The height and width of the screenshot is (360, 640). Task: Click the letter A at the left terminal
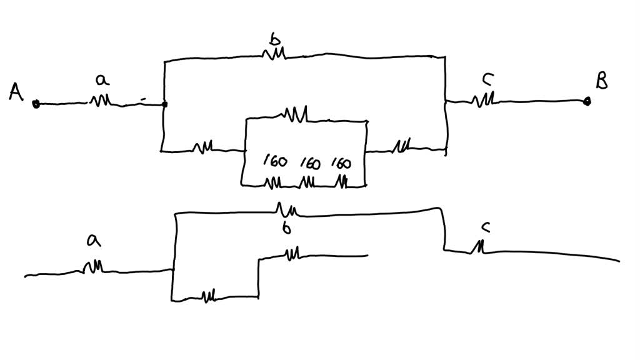point(17,92)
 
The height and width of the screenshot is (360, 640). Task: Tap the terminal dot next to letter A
point(36,104)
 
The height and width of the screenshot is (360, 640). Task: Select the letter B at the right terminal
point(601,81)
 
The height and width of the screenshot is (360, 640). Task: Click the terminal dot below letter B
point(586,101)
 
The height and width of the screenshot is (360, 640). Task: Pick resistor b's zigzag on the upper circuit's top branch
point(275,54)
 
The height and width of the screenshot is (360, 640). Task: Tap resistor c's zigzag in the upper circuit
point(486,99)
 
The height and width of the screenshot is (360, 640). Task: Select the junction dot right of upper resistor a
point(164,104)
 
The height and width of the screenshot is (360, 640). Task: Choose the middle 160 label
point(309,164)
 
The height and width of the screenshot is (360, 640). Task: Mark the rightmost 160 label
point(341,164)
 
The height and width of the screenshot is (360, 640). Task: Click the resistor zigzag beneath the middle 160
point(306,182)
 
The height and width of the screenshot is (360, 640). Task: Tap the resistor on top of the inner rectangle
point(295,114)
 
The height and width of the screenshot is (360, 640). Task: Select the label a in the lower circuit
point(94,240)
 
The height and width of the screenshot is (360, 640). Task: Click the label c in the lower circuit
point(484,227)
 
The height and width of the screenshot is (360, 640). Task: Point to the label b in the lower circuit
point(286,228)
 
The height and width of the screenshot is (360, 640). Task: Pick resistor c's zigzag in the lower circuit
point(478,248)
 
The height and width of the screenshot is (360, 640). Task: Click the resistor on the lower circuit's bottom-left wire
point(209,295)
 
